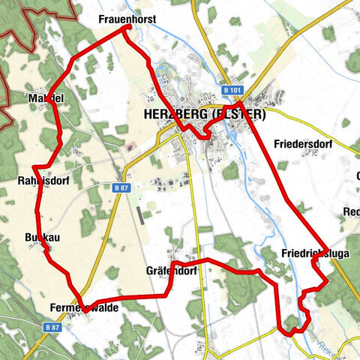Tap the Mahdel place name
tap(46, 98)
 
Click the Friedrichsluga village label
tap(316, 253)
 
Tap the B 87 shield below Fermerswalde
tap(52, 328)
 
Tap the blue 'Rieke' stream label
tap(328, 347)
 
